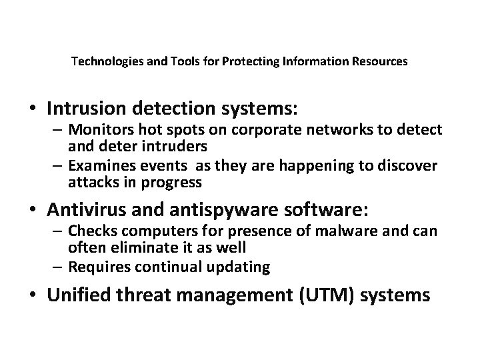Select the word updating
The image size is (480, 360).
coord(237,268)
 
